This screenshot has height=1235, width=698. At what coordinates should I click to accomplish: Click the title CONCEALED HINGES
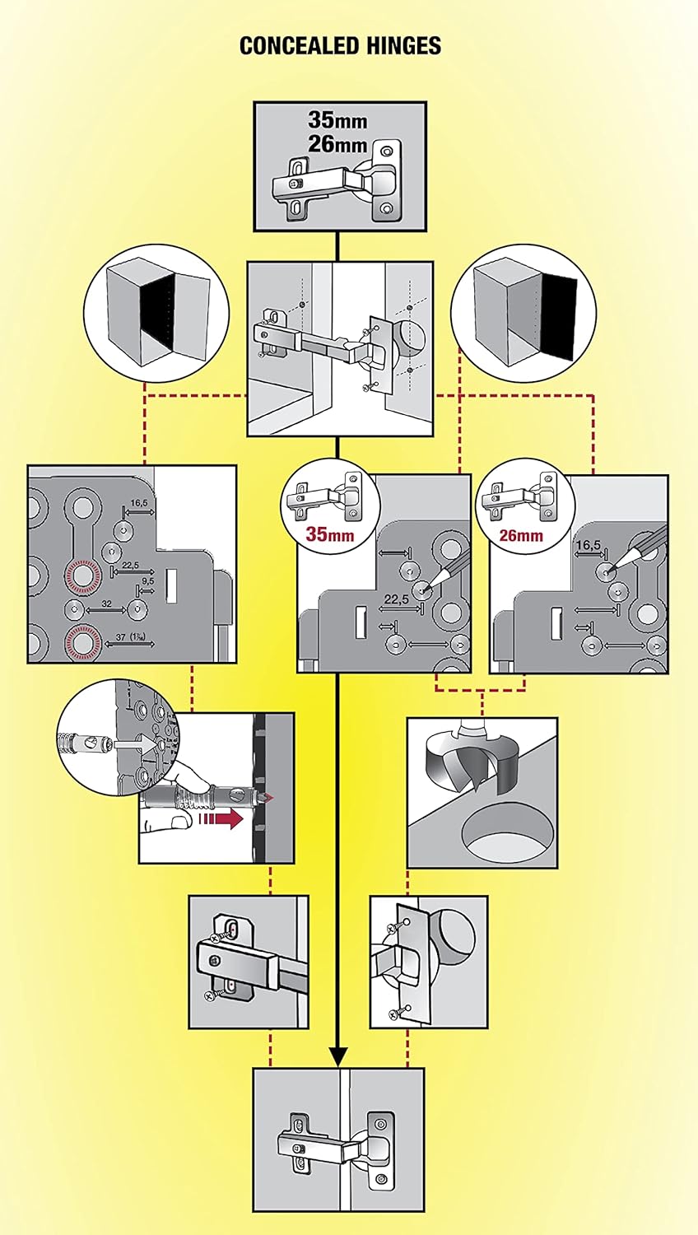340,45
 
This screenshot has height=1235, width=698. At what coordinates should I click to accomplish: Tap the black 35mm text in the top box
337,121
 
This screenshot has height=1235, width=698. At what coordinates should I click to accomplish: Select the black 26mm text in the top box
337,144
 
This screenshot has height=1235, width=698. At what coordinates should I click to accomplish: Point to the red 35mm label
330,534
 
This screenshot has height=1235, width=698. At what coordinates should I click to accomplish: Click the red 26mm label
521,535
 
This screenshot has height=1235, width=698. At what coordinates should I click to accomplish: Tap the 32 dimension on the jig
106,604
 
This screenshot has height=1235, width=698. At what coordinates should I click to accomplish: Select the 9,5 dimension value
148,580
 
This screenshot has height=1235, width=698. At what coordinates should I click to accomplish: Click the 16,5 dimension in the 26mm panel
588,545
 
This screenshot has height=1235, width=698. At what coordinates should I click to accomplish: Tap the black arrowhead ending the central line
338,1056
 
